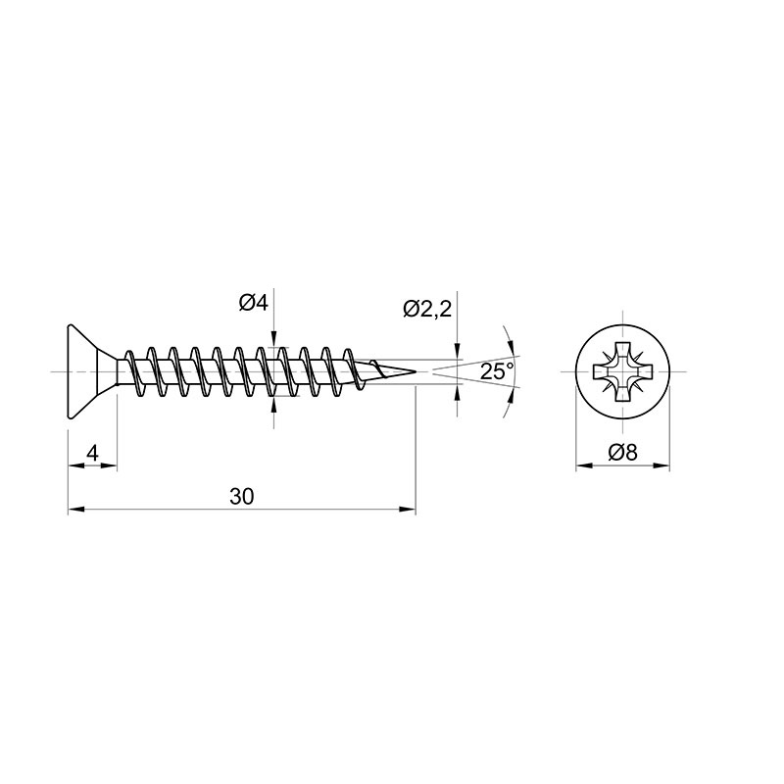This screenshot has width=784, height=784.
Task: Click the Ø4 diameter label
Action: [254, 303]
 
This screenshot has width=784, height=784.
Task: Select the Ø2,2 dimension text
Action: [427, 310]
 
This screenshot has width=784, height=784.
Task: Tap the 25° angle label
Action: [497, 371]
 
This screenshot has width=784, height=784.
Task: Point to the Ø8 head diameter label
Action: [623, 453]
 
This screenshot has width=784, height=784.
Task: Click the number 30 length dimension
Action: [242, 497]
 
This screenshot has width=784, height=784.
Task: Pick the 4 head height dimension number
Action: [92, 454]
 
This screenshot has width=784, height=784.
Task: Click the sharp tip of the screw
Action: [416, 372]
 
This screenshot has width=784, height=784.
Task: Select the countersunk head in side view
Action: [92, 372]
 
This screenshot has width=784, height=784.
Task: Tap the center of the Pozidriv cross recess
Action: [623, 372]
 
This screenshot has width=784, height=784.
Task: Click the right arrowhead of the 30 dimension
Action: [408, 510]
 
